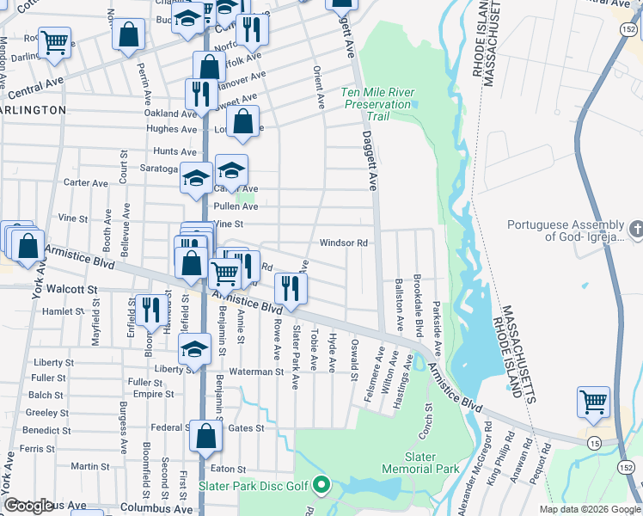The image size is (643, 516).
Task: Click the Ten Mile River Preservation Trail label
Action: coord(377,104)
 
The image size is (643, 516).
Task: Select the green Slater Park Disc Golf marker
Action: coord(322,486)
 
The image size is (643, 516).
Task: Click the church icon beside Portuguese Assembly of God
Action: coord(635,230)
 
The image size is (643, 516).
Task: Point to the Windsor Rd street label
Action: coord(344,243)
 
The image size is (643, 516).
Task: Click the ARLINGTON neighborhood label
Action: coord(33,110)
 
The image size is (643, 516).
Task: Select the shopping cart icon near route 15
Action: coord(593,402)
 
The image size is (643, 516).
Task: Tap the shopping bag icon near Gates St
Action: coord(206,436)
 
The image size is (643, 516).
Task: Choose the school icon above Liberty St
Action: coord(194,349)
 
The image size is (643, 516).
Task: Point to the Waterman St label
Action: coord(255,372)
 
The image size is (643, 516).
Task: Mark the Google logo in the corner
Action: coord(28,506)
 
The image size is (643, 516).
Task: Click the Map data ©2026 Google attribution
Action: coord(589,509)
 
